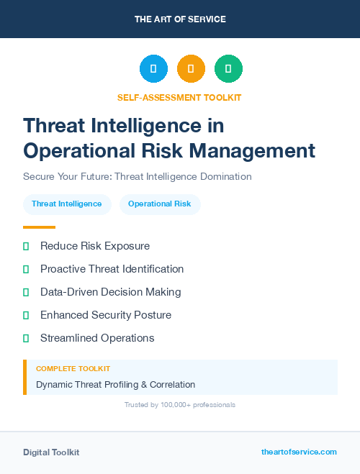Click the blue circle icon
[153, 69]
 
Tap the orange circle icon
[191, 69]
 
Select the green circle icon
[228, 69]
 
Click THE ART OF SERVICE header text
[180, 19]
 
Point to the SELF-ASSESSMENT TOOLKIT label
[179, 97]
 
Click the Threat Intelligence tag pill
[67, 204]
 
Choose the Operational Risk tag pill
[160, 204]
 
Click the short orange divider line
[39, 227]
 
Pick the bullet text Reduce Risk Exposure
[95, 246]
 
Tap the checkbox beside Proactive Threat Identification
[26, 269]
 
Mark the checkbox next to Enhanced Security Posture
[26, 315]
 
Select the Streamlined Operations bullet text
[97, 338]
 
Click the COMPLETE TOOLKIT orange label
[73, 368]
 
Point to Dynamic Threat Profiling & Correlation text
[115, 385]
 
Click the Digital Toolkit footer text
[51, 452]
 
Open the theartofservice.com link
[299, 452]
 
